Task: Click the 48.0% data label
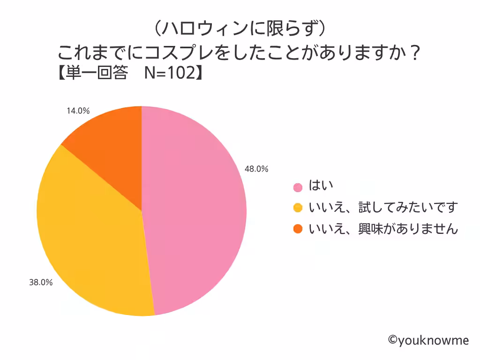click(x=256, y=169)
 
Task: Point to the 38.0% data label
click(x=41, y=283)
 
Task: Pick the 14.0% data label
click(x=78, y=111)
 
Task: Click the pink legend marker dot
click(x=298, y=187)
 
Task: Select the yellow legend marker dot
click(x=298, y=208)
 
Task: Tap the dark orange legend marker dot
click(x=298, y=229)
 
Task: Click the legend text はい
click(x=321, y=186)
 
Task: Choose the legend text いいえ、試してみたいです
click(x=382, y=207)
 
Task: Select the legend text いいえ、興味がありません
click(x=382, y=228)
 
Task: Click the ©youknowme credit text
click(x=428, y=340)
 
